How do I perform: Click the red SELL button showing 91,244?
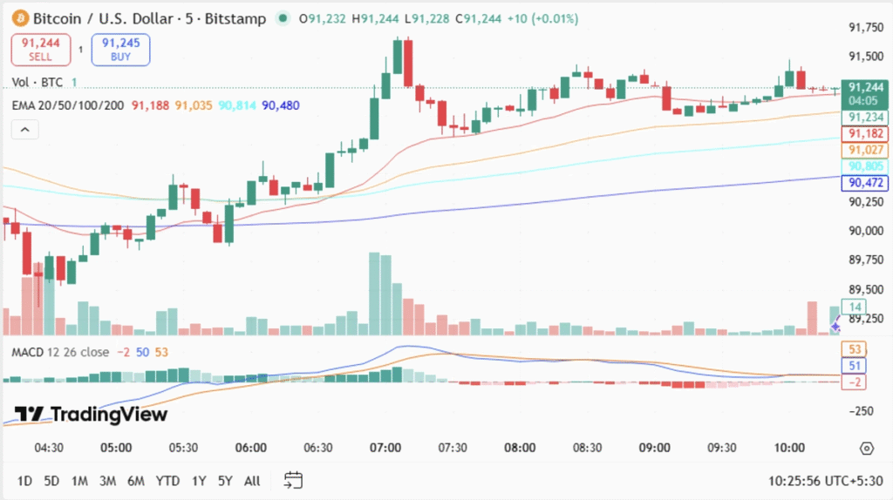[36, 50]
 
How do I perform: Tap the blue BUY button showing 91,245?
[120, 50]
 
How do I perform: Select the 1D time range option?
[24, 481]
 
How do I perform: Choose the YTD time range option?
[167, 481]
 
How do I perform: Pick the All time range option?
[252, 481]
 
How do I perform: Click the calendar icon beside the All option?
[293, 480]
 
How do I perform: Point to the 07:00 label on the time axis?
[385, 448]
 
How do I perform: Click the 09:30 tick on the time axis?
[722, 448]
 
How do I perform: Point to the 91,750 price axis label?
[866, 28]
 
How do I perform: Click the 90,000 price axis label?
[866, 231]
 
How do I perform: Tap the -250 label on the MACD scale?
[862, 410]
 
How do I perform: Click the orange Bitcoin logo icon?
[18, 18]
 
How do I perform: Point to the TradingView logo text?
[92, 415]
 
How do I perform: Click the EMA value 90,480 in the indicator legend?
[281, 105]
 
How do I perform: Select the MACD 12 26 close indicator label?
[60, 352]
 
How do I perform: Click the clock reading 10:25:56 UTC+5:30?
[825, 481]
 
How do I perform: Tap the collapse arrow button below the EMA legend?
[24, 130]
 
